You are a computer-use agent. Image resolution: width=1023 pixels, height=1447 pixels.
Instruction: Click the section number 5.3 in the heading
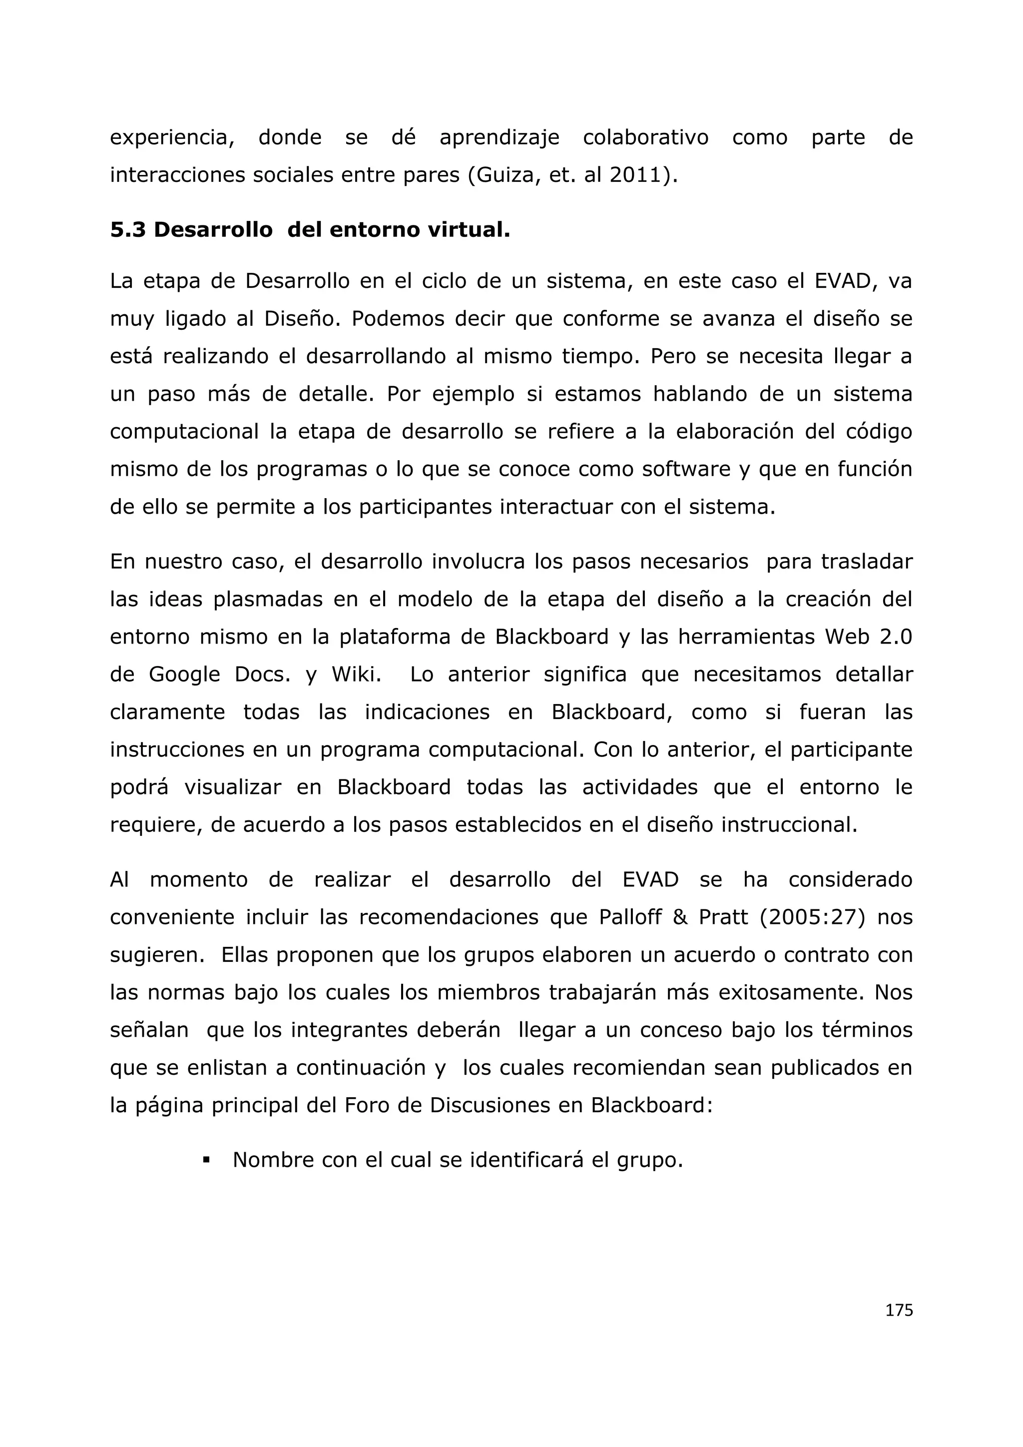pyautogui.click(x=128, y=230)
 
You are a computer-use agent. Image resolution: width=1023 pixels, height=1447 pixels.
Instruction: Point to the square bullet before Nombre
pyautogui.click(x=206, y=1160)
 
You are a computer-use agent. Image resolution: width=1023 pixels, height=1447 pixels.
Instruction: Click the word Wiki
pyautogui.click(x=357, y=675)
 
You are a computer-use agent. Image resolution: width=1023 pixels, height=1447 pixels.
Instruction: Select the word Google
pyautogui.click(x=184, y=675)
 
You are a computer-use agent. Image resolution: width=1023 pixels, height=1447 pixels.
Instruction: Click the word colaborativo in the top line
pyautogui.click(x=646, y=137)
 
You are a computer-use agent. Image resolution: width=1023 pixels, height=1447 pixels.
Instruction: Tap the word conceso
pyautogui.click(x=681, y=1030)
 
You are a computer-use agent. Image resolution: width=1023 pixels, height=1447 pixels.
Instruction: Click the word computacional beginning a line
pyautogui.click(x=184, y=432)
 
